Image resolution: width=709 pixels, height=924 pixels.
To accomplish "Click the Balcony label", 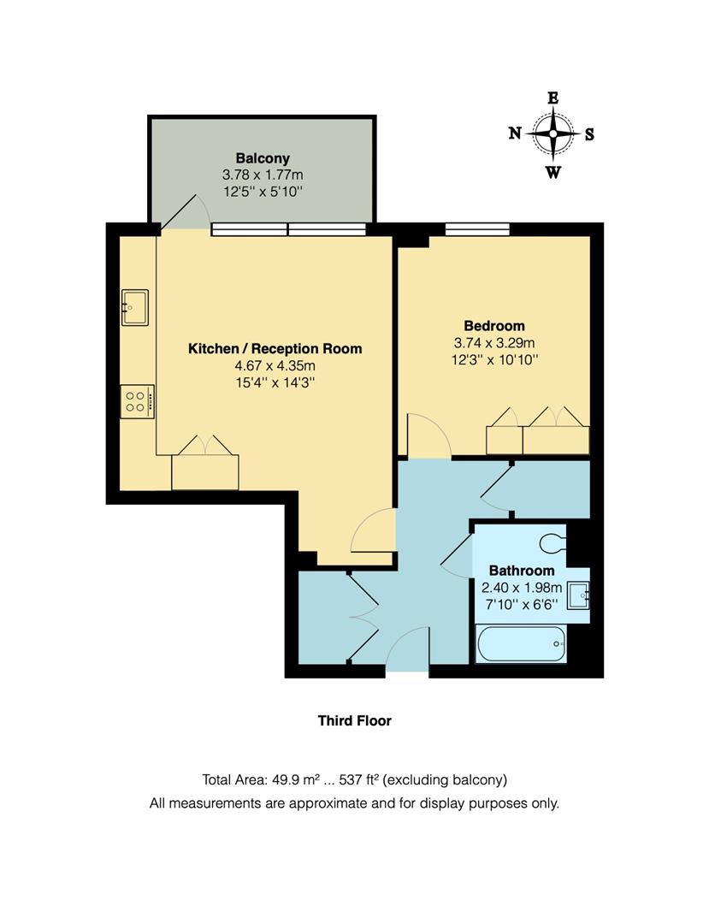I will click(x=263, y=158).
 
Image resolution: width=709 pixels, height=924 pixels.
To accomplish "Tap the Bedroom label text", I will click(x=493, y=326).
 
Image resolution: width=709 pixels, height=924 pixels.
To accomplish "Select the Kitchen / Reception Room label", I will click(x=275, y=348).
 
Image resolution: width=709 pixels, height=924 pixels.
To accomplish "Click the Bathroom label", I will click(x=521, y=571).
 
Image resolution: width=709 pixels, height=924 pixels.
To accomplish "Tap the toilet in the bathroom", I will click(x=554, y=542).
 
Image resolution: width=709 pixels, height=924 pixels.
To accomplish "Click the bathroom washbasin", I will click(x=581, y=592).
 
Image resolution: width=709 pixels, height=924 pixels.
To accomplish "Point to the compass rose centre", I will click(x=553, y=133).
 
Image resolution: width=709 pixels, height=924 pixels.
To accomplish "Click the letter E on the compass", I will click(x=553, y=98).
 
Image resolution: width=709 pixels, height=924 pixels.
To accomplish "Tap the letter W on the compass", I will click(x=553, y=173).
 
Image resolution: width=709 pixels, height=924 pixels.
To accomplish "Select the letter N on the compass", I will click(x=515, y=133).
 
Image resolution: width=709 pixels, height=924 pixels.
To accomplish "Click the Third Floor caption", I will click(x=354, y=720).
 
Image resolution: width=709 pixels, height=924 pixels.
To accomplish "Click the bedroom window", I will click(x=477, y=228).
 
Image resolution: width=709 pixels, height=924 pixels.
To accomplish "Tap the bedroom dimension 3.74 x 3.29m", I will click(x=494, y=343).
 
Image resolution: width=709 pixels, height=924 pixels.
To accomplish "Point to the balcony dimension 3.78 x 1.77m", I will click(x=263, y=175).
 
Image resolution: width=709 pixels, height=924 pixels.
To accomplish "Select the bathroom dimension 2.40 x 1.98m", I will click(x=521, y=587).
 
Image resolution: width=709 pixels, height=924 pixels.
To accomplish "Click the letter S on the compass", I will click(x=589, y=133).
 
